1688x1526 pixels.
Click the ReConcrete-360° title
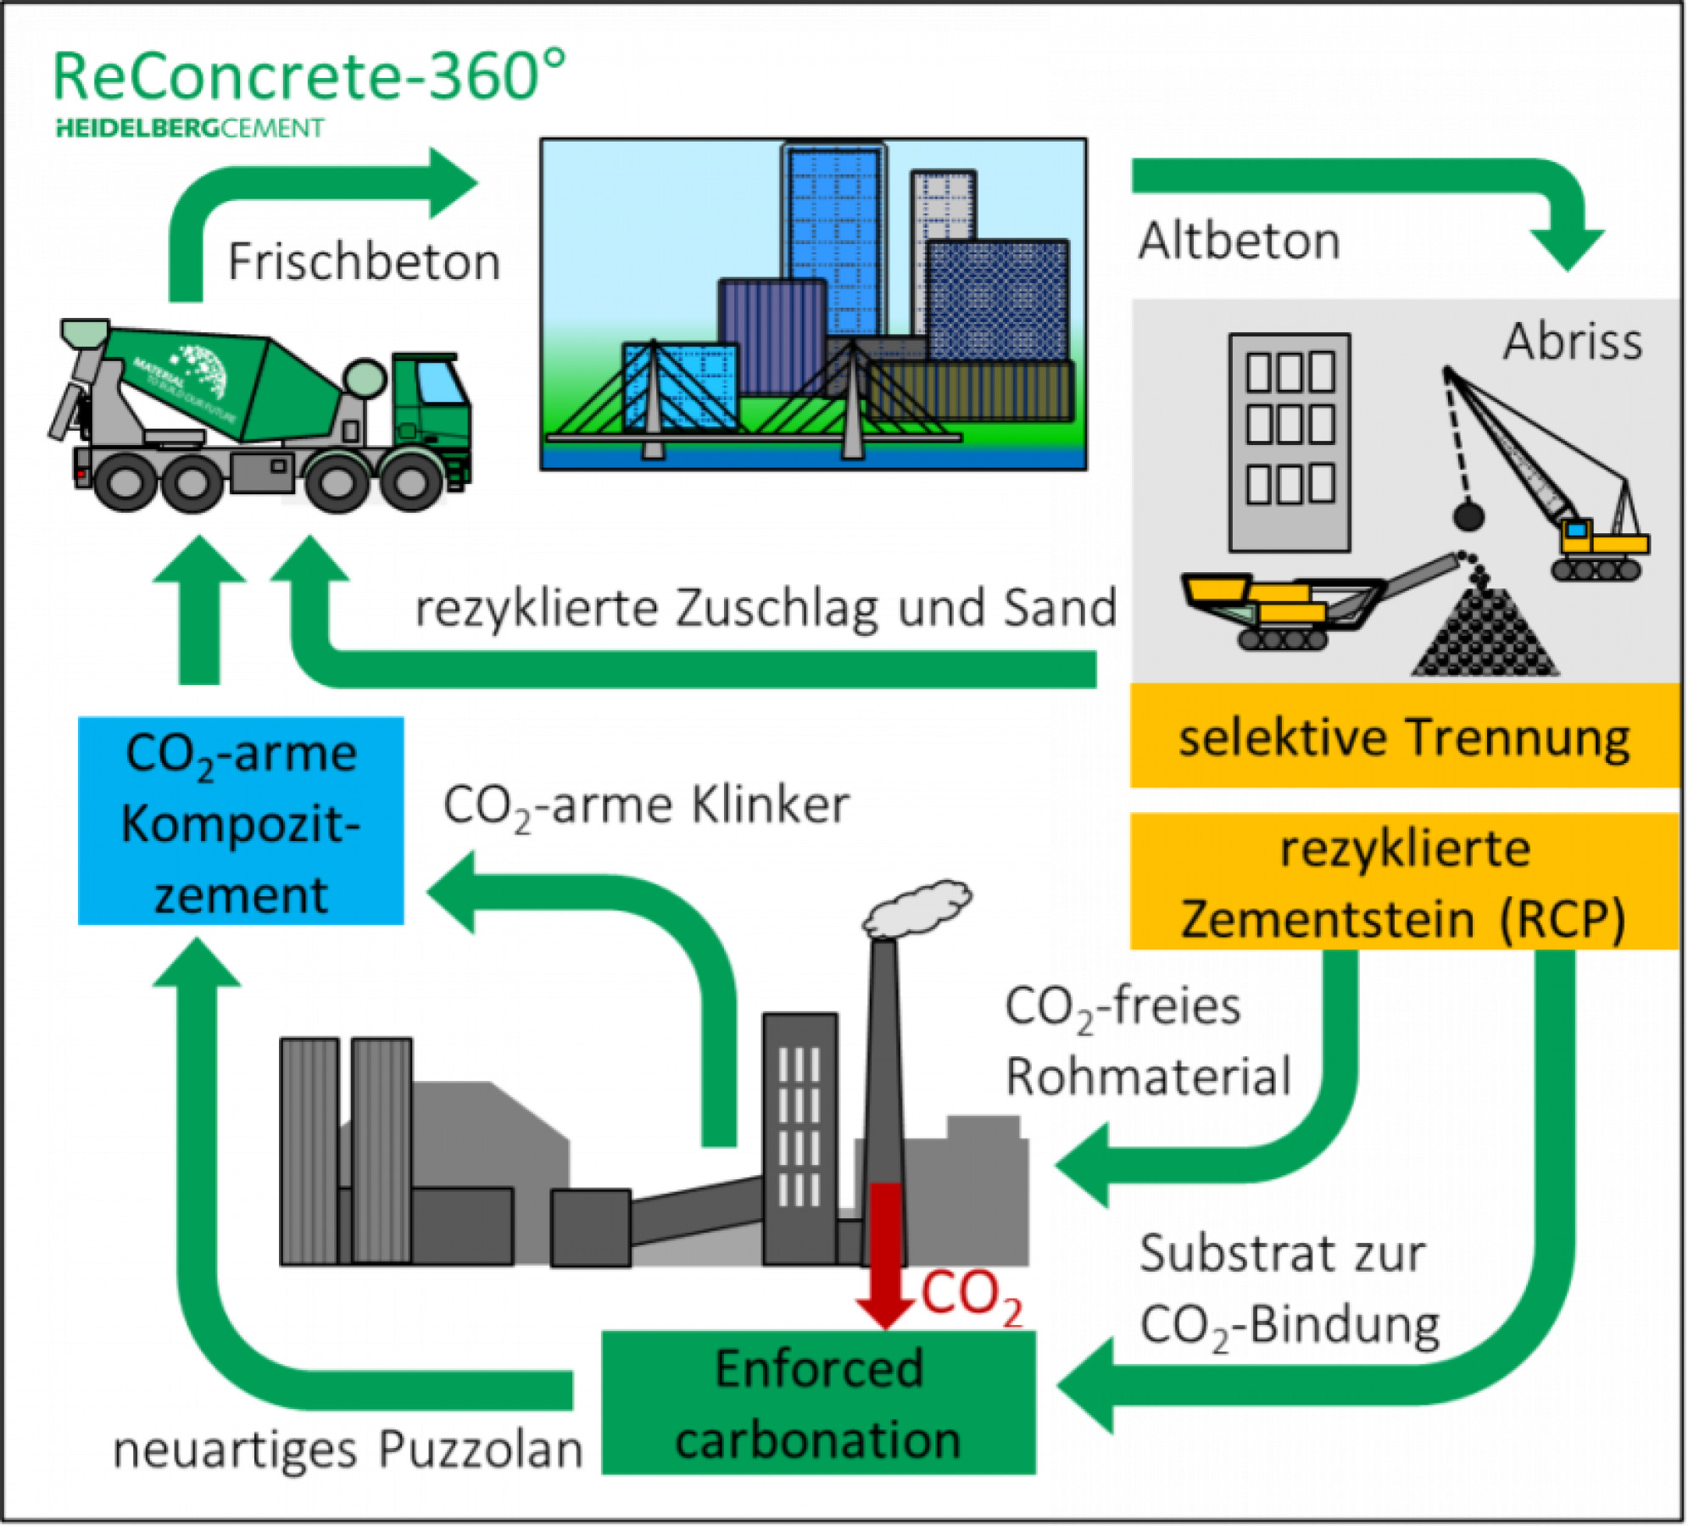click(x=309, y=76)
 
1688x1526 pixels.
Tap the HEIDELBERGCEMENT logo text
click(x=190, y=129)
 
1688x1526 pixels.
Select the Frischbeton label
click(x=364, y=261)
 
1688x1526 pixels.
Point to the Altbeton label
click(x=1239, y=241)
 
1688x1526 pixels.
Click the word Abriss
click(x=1573, y=342)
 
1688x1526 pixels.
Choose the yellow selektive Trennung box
click(x=1404, y=737)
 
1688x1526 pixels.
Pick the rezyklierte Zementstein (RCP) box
click(x=1404, y=882)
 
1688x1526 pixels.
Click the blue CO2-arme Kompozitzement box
click(x=241, y=821)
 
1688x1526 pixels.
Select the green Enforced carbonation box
click(x=818, y=1404)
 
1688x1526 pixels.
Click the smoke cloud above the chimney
click(x=917, y=906)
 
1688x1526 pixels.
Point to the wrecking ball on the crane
click(x=1468, y=515)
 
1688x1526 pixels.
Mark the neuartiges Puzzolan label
click(x=348, y=1450)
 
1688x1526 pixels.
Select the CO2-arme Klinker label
click(x=646, y=805)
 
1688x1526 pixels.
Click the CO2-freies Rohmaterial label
click(x=1146, y=1041)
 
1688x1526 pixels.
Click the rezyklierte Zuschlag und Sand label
click(x=766, y=609)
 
